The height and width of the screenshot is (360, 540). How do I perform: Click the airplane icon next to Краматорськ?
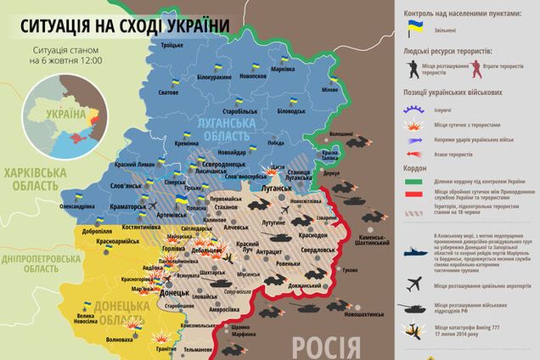(x=152, y=206)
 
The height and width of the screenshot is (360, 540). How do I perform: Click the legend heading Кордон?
(x=416, y=168)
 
